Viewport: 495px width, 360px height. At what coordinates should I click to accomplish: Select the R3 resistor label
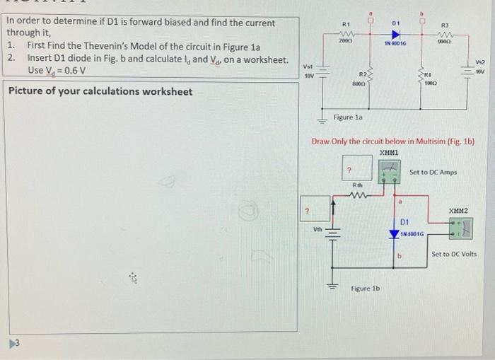445,26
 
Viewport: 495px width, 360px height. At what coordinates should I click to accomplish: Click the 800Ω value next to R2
359,82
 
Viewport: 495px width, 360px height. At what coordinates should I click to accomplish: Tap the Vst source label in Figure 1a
309,62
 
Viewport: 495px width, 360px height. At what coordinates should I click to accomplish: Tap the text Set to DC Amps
433,172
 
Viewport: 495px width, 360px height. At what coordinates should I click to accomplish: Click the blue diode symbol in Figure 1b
395,233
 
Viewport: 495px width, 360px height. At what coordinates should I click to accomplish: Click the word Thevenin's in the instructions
100,46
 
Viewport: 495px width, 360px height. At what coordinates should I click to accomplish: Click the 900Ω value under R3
444,44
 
